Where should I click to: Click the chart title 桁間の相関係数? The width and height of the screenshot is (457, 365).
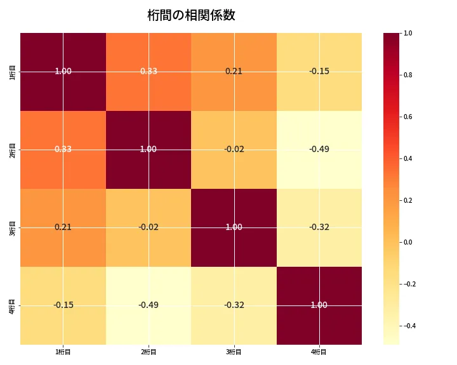pyautogui.click(x=191, y=15)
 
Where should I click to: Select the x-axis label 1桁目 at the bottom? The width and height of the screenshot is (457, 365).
pyautogui.click(x=63, y=352)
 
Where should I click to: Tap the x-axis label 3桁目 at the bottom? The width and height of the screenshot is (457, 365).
pyautogui.click(x=234, y=352)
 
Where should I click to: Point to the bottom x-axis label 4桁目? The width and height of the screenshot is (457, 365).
pyautogui.click(x=319, y=352)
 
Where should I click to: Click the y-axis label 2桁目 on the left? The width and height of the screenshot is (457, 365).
pyautogui.click(x=13, y=150)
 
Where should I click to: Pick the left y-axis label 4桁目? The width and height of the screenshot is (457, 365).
pyautogui.click(x=13, y=305)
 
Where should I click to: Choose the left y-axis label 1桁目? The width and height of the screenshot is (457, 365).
pyautogui.click(x=13, y=72)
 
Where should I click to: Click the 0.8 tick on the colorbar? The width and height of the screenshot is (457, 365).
pyautogui.click(x=407, y=75)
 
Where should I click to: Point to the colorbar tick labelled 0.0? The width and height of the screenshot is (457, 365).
pyautogui.click(x=407, y=242)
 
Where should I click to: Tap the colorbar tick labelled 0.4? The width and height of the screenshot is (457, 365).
pyautogui.click(x=407, y=158)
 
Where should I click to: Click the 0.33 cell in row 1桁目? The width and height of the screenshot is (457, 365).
pyautogui.click(x=149, y=72)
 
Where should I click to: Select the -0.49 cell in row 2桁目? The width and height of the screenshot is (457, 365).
pyautogui.click(x=319, y=150)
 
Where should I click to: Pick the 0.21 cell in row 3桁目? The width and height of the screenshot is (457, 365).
pyautogui.click(x=63, y=227)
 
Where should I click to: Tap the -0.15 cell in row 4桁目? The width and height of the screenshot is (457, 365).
pyautogui.click(x=63, y=305)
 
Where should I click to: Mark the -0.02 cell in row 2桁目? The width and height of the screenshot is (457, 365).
pyautogui.click(x=234, y=150)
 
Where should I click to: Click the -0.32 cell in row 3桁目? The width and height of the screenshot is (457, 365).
pyautogui.click(x=319, y=227)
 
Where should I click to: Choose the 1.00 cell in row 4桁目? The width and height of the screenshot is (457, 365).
pyautogui.click(x=319, y=305)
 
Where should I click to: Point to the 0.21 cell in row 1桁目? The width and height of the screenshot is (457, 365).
pyautogui.click(x=234, y=72)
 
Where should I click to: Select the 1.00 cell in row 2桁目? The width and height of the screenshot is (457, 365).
pyautogui.click(x=149, y=150)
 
